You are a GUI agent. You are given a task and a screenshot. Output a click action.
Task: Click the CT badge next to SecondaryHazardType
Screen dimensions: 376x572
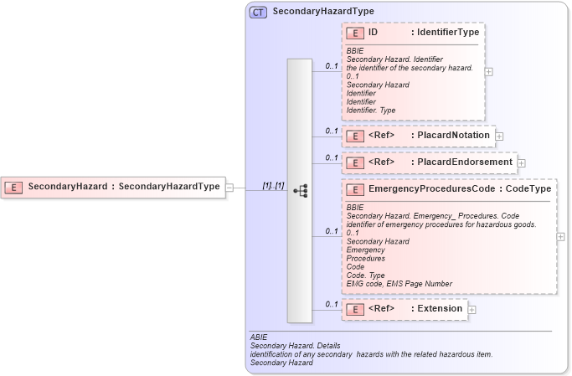258,13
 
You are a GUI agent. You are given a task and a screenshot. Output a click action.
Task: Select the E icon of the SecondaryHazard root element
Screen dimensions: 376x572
13,187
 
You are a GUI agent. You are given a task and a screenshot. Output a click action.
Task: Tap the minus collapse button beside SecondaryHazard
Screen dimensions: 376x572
229,188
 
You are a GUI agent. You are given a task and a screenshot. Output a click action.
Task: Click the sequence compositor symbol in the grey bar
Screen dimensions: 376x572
300,191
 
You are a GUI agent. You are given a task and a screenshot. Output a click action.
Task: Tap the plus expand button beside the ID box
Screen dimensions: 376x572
489,72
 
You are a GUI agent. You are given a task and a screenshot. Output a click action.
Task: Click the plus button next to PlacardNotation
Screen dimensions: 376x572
499,135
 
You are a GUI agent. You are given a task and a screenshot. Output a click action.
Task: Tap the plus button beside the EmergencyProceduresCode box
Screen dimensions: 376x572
561,236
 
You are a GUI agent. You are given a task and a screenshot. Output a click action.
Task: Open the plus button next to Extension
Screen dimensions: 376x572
472,309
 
